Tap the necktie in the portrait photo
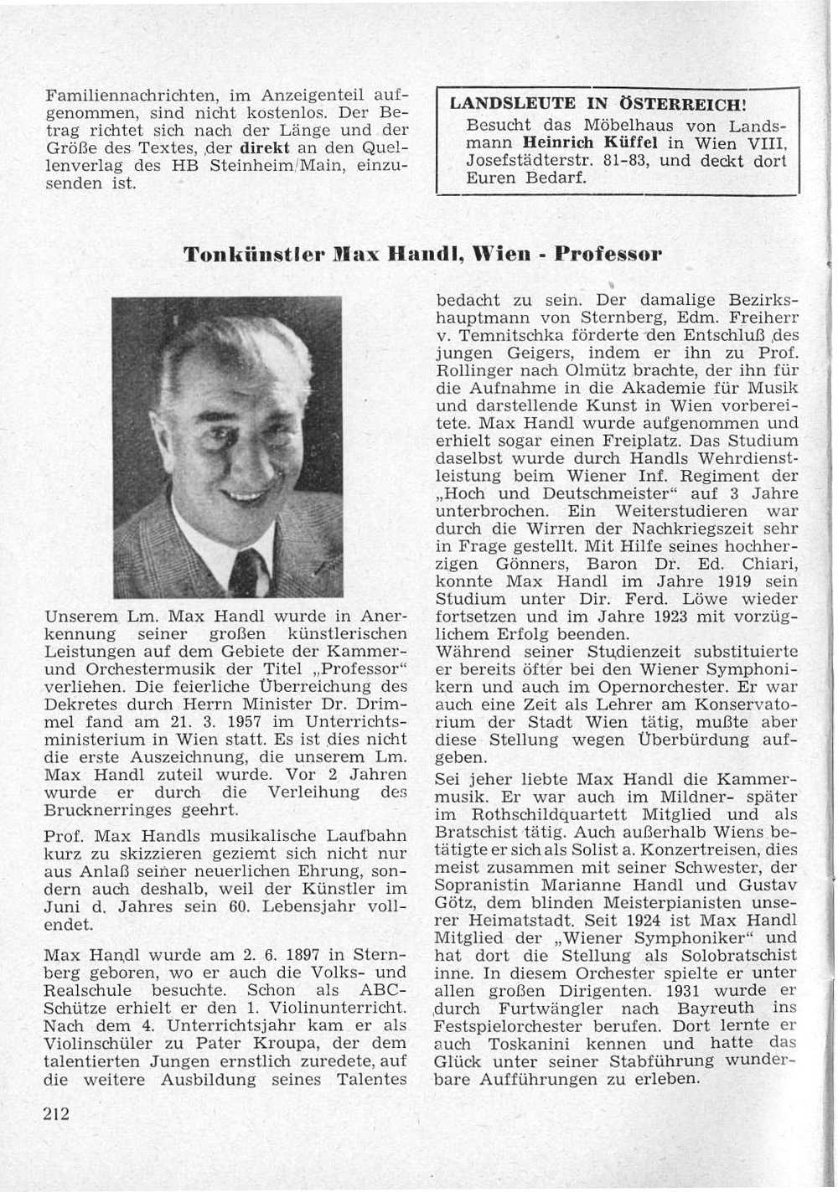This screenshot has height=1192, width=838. [248, 572]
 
